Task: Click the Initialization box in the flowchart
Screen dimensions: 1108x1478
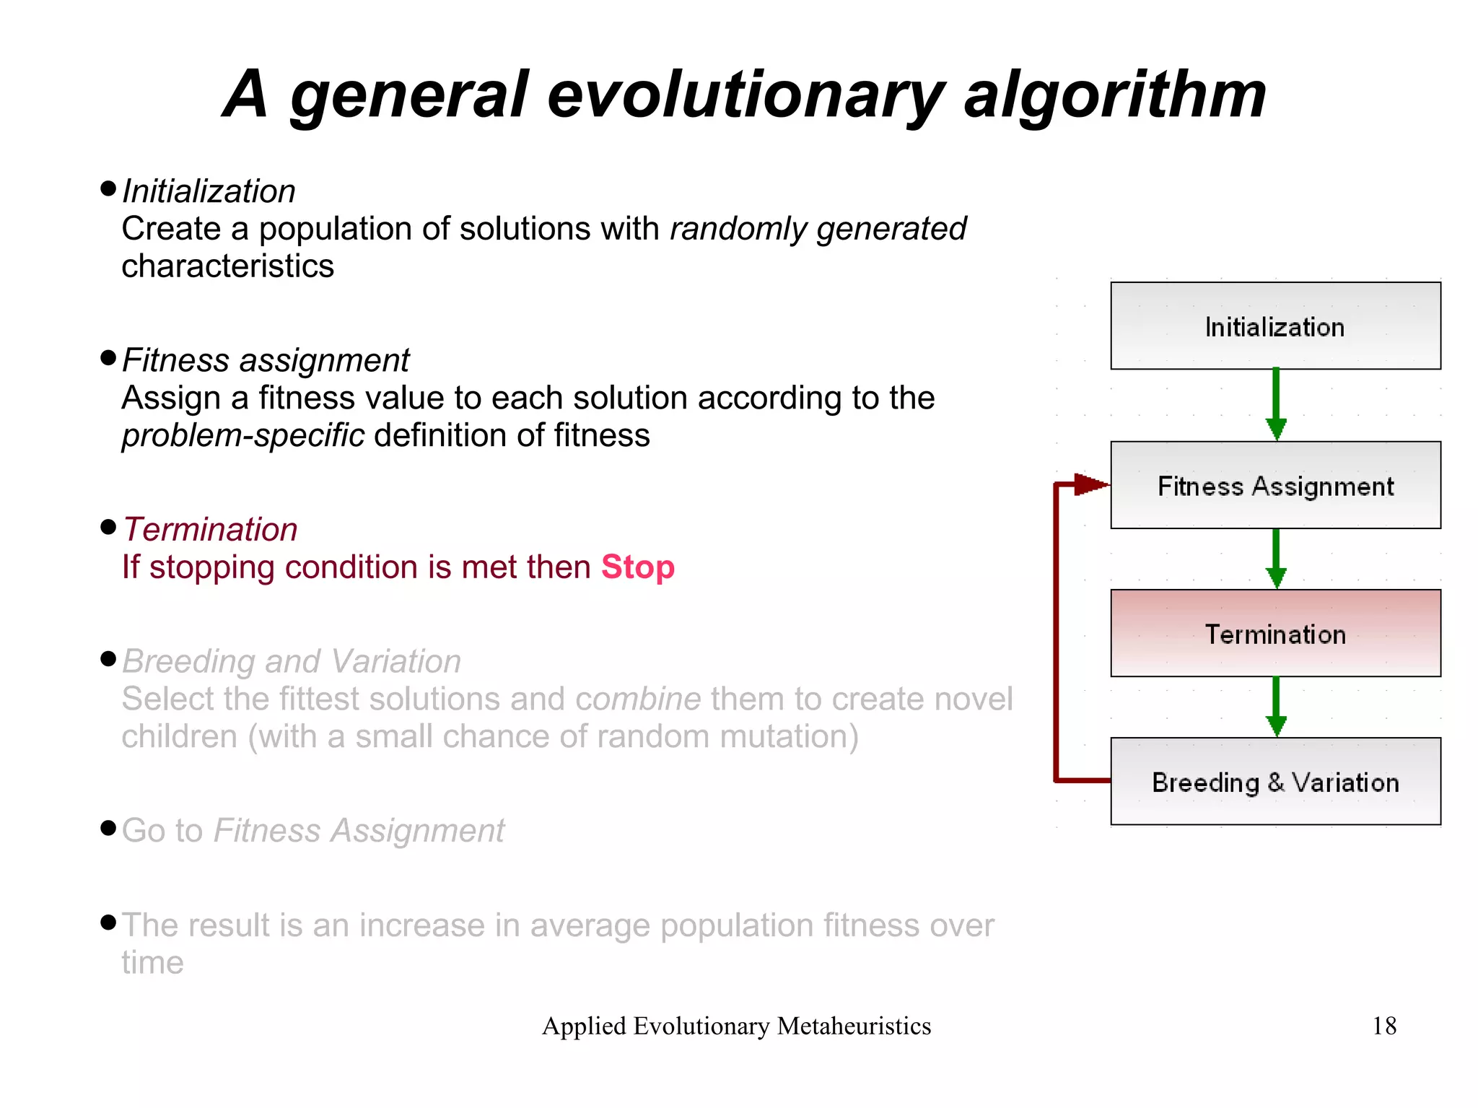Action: click(1275, 326)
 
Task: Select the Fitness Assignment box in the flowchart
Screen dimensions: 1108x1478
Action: click(1275, 485)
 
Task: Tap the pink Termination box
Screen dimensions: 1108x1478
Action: click(1275, 634)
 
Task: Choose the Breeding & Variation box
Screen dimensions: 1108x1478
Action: click(1275, 782)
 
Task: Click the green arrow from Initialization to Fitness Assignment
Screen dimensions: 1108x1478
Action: click(1276, 404)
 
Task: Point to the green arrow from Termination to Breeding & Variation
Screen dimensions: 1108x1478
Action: click(1276, 706)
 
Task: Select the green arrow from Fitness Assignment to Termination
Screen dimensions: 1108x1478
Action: click(1276, 558)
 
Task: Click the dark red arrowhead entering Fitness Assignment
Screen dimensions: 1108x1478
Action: click(1090, 484)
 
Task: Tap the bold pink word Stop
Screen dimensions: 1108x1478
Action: click(638, 567)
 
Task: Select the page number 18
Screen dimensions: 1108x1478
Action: click(1383, 1026)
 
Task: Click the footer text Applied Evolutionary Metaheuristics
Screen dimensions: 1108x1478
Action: click(736, 1026)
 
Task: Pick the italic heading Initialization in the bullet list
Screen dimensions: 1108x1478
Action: click(209, 192)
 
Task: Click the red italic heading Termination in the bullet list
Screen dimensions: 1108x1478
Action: click(210, 530)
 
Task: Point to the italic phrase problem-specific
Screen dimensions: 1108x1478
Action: click(242, 436)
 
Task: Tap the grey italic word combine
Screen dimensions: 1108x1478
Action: click(638, 699)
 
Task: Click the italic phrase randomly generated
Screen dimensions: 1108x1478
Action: click(818, 230)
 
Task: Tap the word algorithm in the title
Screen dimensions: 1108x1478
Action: click(1115, 95)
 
